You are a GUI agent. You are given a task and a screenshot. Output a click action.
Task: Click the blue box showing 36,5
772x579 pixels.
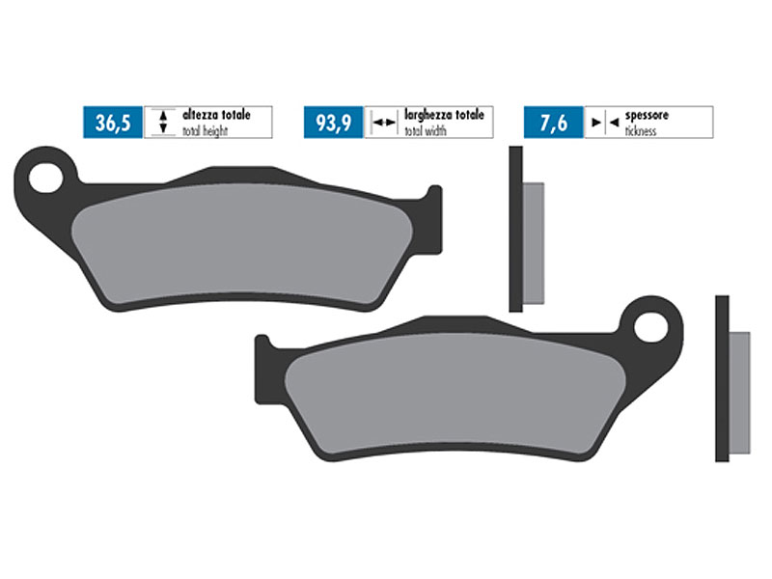(x=112, y=123)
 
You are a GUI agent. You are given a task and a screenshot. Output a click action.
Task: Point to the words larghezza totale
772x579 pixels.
(x=443, y=115)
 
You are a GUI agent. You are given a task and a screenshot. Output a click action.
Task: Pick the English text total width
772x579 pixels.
(x=425, y=130)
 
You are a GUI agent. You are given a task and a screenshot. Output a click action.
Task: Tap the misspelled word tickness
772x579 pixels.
(x=640, y=130)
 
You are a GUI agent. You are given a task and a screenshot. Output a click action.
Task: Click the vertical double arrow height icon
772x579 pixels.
(x=163, y=123)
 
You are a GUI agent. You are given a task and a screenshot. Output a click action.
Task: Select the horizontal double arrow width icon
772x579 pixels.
(x=384, y=123)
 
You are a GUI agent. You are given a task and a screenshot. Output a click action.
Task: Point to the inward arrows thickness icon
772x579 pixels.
(x=602, y=123)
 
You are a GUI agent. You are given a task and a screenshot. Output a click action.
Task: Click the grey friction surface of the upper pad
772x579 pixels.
(x=241, y=241)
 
